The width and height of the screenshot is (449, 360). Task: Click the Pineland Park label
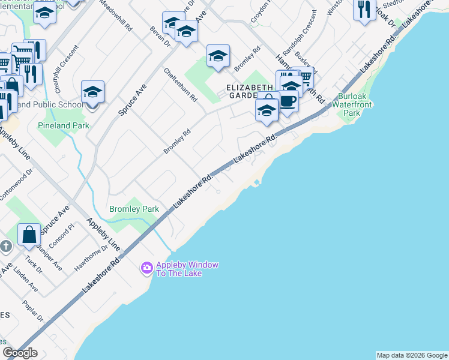[x=63, y=126]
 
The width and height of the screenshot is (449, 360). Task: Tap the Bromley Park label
[x=134, y=209]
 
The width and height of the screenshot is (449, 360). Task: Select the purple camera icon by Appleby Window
[x=146, y=268]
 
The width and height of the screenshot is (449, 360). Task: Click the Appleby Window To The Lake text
[x=187, y=269]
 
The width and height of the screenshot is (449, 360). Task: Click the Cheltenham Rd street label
[x=181, y=85]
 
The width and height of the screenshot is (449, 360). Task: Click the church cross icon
[x=6, y=246]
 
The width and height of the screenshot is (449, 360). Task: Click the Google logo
[x=20, y=352]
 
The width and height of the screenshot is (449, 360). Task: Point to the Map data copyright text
[x=412, y=355]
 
